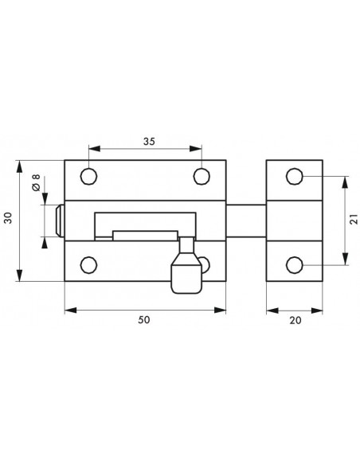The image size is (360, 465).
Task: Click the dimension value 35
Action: tap(149, 142)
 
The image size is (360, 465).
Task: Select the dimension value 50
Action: tap(144, 320)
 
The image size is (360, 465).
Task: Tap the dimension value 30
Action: tap(8, 218)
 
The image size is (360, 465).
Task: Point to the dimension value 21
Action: tap(354, 220)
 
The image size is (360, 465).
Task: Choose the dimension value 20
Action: tap(295, 320)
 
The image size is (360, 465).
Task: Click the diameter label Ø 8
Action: tap(36, 182)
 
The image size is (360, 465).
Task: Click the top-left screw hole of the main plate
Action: tap(88, 177)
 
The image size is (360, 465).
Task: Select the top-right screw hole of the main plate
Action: tap(202, 177)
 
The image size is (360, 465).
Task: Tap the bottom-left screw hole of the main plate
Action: tap(88, 265)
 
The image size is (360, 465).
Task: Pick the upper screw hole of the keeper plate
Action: tap(295, 176)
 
